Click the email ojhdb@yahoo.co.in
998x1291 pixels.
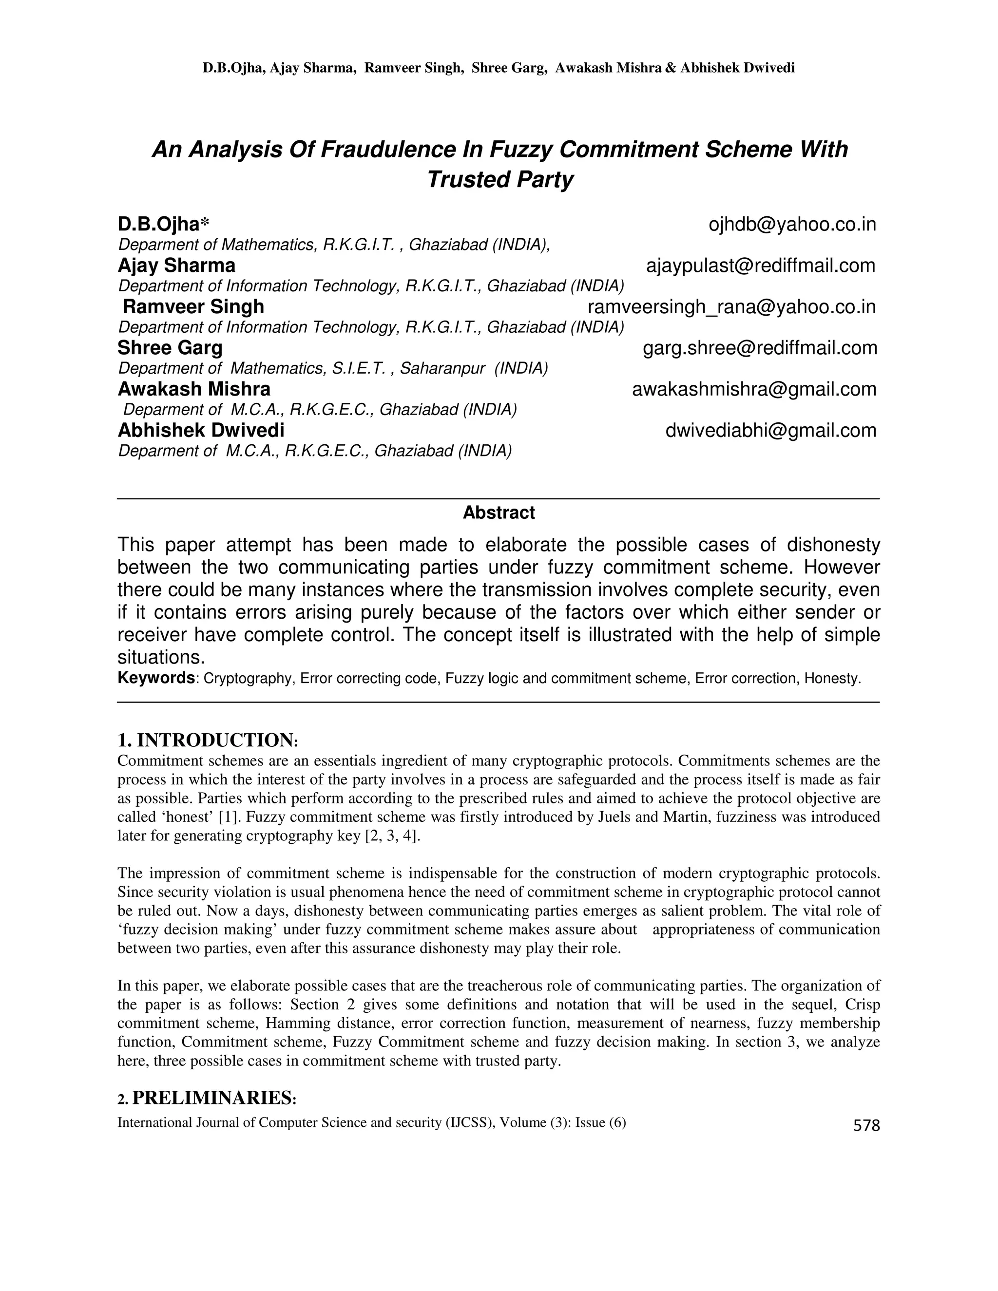pos(792,225)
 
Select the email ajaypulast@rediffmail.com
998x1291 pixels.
pos(760,266)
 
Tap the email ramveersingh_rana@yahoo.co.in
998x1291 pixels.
pos(731,307)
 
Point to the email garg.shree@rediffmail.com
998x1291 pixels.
pos(760,348)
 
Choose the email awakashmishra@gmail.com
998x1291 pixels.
pos(754,390)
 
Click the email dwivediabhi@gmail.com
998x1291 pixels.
pos(770,431)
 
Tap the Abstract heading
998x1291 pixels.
pos(499,513)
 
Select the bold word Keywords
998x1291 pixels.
pos(156,678)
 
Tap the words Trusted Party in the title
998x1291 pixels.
pos(499,179)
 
